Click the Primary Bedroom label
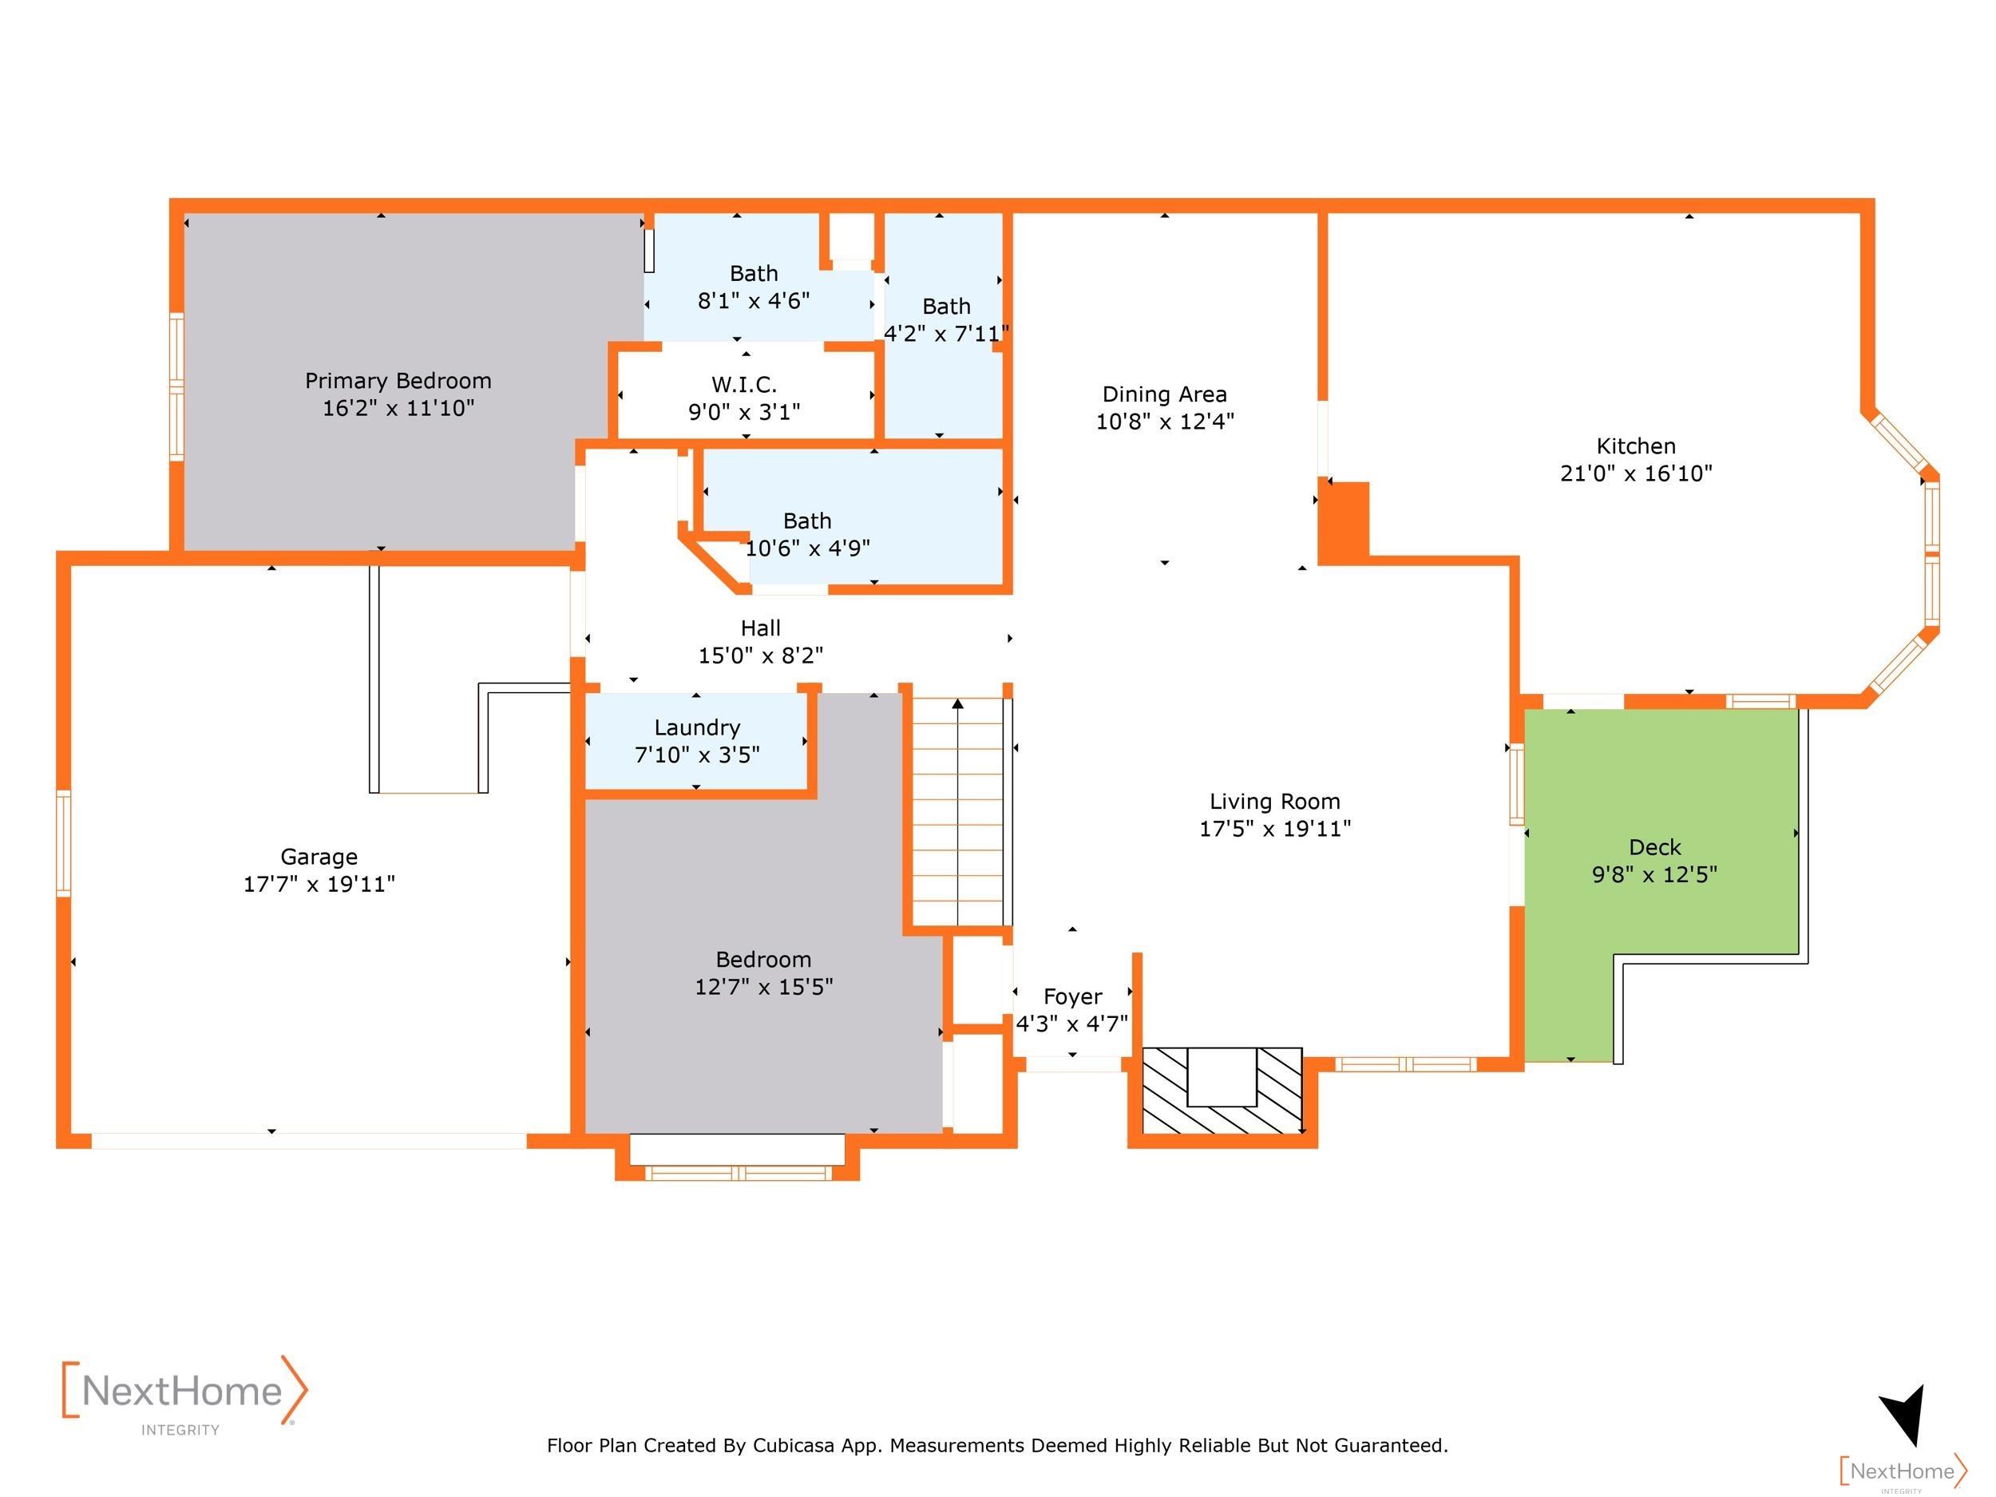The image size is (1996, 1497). (x=398, y=381)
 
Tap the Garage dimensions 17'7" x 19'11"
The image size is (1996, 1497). (x=319, y=885)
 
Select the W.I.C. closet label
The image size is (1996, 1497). (x=744, y=386)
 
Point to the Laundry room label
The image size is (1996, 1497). (x=698, y=728)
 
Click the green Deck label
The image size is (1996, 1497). (x=1655, y=847)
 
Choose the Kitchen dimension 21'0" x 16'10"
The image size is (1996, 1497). (x=1636, y=473)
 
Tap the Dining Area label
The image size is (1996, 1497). (x=1165, y=394)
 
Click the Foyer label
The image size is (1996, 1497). (x=1073, y=997)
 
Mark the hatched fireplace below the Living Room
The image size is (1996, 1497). (x=1222, y=1090)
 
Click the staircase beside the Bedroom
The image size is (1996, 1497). (x=957, y=811)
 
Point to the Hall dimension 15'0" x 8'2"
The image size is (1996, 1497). (x=761, y=656)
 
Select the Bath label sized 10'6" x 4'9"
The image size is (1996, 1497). (x=808, y=521)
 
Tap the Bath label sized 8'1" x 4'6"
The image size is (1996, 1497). (x=754, y=273)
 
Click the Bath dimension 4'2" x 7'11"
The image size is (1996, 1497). (x=947, y=335)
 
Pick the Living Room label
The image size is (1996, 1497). (x=1275, y=802)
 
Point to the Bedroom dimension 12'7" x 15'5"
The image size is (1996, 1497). (x=763, y=987)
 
